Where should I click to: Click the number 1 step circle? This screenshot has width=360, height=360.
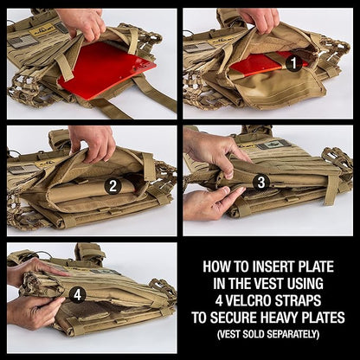click(x=293, y=62)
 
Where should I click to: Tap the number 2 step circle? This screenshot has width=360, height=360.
click(x=112, y=185)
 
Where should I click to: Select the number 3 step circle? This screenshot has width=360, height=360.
click(x=260, y=182)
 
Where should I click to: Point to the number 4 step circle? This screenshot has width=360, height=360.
click(x=77, y=294)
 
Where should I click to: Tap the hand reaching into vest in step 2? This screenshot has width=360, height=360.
click(x=93, y=139)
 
